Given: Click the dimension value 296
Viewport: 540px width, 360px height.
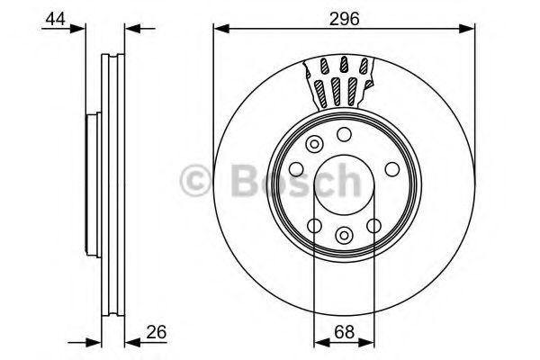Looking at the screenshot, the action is [344, 19].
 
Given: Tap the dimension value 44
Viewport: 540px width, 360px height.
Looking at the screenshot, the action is [55, 19].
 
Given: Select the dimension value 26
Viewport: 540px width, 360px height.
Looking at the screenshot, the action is [157, 332].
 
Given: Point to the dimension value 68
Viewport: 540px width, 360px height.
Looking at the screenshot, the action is [344, 332].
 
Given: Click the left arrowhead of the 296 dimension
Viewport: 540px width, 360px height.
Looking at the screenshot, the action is [221, 29].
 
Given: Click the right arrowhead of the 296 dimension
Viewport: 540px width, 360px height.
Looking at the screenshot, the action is [466, 29].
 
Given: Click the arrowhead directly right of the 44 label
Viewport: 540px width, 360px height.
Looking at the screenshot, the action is [77, 29].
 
